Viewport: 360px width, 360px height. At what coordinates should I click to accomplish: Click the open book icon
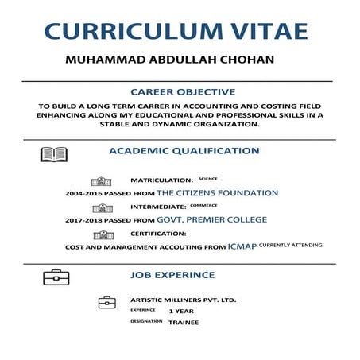click(x=54, y=154)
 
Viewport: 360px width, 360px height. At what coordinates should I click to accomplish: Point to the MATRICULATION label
click(x=162, y=180)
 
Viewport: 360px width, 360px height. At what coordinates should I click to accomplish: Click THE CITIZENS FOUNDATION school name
click(x=217, y=193)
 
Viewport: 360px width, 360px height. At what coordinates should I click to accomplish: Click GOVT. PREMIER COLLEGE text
click(x=211, y=219)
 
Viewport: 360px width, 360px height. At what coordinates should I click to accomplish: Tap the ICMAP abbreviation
click(x=242, y=246)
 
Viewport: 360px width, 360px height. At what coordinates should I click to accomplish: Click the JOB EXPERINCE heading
click(x=172, y=275)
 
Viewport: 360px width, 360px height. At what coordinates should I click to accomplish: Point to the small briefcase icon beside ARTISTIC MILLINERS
click(x=106, y=302)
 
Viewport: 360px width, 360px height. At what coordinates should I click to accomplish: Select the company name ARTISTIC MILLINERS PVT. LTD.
click(x=183, y=300)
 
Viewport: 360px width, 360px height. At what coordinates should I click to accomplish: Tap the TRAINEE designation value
click(x=184, y=322)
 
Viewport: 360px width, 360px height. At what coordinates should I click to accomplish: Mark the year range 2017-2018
click(x=85, y=220)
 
